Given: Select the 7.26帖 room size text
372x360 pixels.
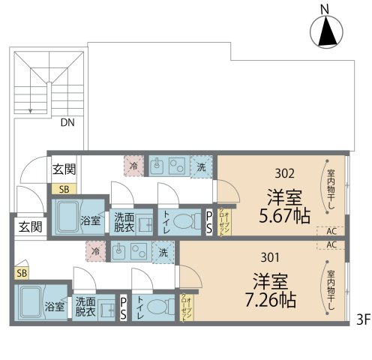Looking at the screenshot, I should (265, 301).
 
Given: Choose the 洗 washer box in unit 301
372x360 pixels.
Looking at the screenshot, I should (163, 252).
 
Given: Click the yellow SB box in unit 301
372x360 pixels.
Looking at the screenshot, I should (22, 273).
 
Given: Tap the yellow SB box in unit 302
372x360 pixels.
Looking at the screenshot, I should (64, 189).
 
